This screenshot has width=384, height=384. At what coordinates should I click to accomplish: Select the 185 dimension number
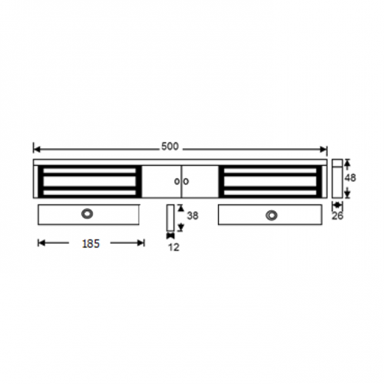point(91,243)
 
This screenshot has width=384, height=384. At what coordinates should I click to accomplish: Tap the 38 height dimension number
point(193,217)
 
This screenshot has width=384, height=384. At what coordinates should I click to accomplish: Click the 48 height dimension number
point(350,177)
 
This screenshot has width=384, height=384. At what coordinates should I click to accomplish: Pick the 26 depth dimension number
point(338,216)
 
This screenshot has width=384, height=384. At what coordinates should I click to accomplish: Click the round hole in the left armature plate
point(88,214)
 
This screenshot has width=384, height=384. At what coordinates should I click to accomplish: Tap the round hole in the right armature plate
point(270,214)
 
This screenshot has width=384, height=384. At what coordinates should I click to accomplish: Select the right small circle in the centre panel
point(184,180)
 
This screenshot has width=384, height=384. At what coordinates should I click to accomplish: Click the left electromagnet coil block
point(89,180)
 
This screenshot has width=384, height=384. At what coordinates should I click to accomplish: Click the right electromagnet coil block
point(270,180)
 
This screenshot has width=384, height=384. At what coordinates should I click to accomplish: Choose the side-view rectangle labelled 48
point(337,178)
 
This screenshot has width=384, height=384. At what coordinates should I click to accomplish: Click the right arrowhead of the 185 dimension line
point(141,243)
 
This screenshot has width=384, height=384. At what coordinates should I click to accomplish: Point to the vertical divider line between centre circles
point(180,180)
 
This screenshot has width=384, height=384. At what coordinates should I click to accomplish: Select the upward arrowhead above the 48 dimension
point(348,163)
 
